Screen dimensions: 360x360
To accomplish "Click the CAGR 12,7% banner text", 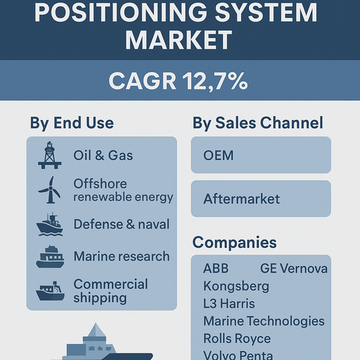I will pyautogui.click(x=178, y=81).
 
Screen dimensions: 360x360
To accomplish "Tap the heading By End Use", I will pyautogui.click(x=71, y=123).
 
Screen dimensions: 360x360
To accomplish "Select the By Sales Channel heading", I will pyautogui.click(x=258, y=123).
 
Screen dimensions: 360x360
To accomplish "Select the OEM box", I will pyautogui.click(x=261, y=155).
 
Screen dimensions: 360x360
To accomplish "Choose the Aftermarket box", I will pyautogui.click(x=261, y=199).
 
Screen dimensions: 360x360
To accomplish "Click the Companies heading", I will pyautogui.click(x=234, y=243).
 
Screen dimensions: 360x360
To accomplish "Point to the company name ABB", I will pyautogui.click(x=216, y=269).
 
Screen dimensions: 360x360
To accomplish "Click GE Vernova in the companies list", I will pyautogui.click(x=294, y=269).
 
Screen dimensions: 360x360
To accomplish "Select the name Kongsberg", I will pyautogui.click(x=236, y=286).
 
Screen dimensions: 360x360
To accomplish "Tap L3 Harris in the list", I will pyautogui.click(x=229, y=304).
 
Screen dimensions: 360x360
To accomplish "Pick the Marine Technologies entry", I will pyautogui.click(x=264, y=321).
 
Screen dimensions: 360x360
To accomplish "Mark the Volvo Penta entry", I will pyautogui.click(x=238, y=355).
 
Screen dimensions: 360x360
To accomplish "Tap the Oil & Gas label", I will pyautogui.click(x=103, y=155).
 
